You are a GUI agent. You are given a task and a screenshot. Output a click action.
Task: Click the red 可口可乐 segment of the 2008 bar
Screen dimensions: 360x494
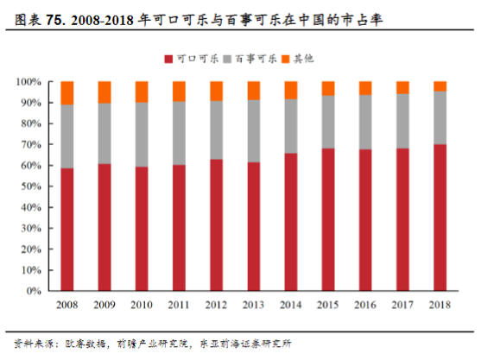pyautogui.click(x=66, y=230)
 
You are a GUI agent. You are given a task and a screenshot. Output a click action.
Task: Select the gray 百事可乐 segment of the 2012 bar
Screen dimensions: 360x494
pyautogui.click(x=216, y=129)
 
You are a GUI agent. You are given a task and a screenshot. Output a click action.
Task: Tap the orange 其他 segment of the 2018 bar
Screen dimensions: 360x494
pyautogui.click(x=440, y=85)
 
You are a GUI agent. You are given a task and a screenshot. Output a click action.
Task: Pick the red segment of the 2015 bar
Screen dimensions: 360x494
pyautogui.click(x=328, y=219)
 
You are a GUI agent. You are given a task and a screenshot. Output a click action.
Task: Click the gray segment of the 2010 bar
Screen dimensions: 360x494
pyautogui.click(x=142, y=135)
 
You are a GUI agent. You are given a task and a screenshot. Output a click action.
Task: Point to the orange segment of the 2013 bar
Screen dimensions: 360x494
pyautogui.click(x=253, y=91)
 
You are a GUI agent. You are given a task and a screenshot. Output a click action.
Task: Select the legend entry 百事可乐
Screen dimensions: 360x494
pyautogui.click(x=253, y=59)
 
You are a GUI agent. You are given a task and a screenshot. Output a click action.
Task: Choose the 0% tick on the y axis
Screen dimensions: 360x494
pyautogui.click(x=33, y=291)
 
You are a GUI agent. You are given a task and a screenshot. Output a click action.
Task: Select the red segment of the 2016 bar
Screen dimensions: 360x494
pyautogui.click(x=365, y=220)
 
